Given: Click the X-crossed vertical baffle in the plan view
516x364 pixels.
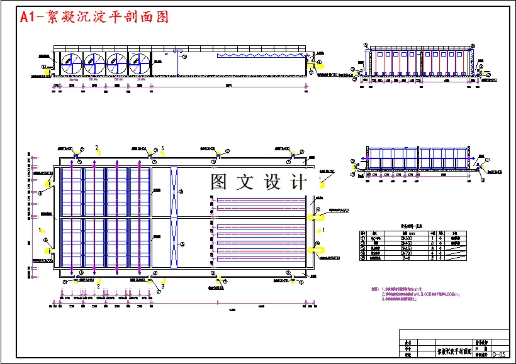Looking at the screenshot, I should [174, 218].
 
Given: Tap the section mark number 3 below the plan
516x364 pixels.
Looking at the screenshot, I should [163, 287].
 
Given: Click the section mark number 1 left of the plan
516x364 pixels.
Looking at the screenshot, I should [41, 230].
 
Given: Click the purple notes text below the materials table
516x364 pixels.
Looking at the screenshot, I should [428, 294].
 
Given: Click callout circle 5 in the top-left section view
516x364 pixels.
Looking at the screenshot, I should [184, 56].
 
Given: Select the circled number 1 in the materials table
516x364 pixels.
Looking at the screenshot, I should [363, 238].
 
